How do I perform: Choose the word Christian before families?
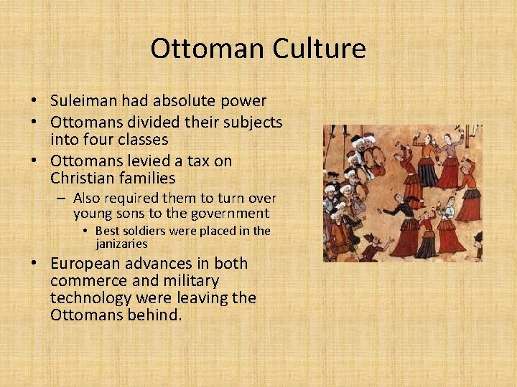(x=81, y=178)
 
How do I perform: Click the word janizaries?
(x=121, y=244)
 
